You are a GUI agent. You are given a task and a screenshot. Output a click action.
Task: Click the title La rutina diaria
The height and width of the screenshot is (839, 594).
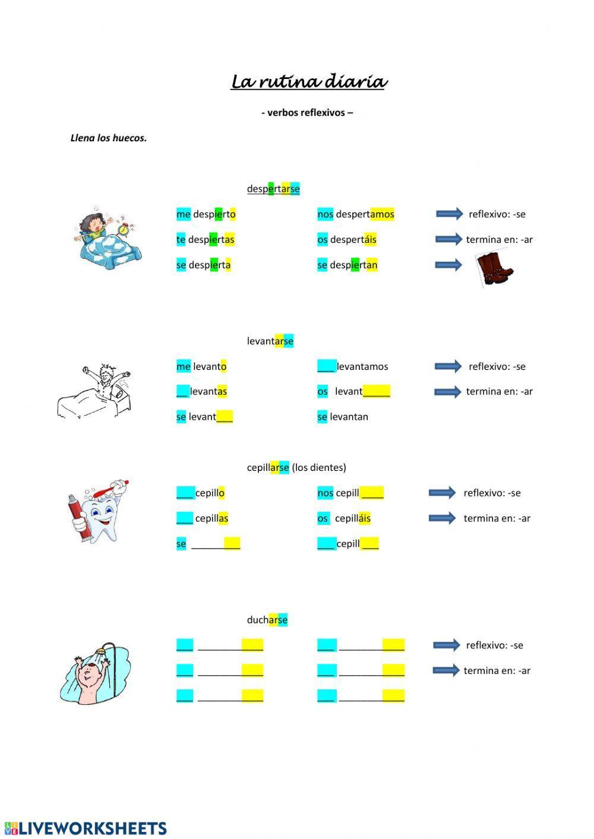click(x=308, y=82)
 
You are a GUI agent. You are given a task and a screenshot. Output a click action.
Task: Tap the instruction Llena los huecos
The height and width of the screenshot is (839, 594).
click(x=109, y=138)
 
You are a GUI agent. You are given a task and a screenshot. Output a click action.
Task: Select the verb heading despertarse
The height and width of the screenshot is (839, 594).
click(x=273, y=189)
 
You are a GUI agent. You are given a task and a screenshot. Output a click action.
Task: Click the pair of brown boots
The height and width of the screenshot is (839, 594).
click(x=495, y=269)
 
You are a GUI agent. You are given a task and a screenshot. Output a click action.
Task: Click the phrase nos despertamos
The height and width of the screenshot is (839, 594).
click(x=355, y=214)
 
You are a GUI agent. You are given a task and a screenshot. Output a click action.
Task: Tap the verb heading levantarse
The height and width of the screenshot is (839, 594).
click(x=270, y=341)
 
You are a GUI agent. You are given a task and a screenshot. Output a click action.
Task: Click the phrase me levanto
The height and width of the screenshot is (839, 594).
click(x=201, y=367)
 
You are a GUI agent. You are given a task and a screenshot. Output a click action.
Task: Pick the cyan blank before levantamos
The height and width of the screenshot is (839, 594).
click(x=326, y=366)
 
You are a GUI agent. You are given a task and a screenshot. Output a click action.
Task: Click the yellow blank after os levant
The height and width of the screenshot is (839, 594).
click(x=377, y=392)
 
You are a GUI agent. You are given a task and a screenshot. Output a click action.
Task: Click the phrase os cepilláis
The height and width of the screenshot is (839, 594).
click(x=344, y=518)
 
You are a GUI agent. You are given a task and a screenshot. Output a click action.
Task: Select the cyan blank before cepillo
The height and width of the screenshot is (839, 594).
click(x=185, y=493)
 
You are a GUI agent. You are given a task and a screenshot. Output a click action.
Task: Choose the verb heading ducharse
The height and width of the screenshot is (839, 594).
click(x=267, y=620)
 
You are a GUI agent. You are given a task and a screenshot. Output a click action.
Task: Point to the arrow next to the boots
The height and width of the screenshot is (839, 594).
click(x=448, y=265)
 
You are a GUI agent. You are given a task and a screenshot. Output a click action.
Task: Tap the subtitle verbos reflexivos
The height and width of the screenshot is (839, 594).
click(x=307, y=113)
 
